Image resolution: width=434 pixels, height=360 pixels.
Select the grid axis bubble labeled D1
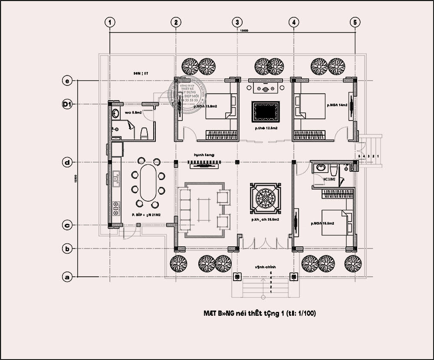67,104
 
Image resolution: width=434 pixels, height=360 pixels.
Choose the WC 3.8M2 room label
329,178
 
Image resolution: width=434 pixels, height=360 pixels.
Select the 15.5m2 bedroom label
322,223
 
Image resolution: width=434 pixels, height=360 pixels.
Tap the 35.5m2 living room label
265,220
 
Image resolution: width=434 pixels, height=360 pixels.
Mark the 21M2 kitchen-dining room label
147,215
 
